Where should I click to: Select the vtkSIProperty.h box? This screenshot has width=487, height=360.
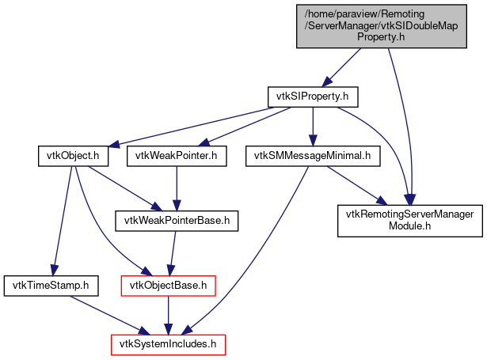click(313, 97)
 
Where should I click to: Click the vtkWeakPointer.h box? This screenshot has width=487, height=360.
click(176, 156)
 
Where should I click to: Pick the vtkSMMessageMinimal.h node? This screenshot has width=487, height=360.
click(313, 156)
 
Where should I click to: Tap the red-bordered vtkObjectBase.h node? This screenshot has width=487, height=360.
click(168, 282)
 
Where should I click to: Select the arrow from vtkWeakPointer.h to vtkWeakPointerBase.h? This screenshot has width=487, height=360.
click(175, 188)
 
